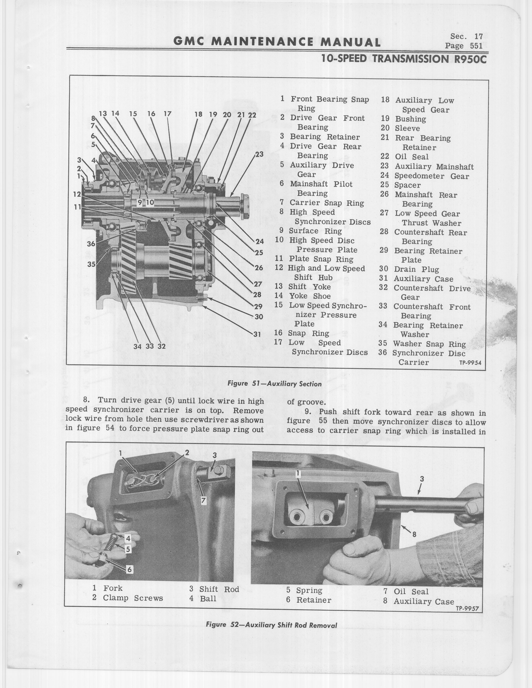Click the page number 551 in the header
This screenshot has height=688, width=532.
(476, 46)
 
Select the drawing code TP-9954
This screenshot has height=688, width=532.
(470, 363)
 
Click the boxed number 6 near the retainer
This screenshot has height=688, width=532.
(129, 570)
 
